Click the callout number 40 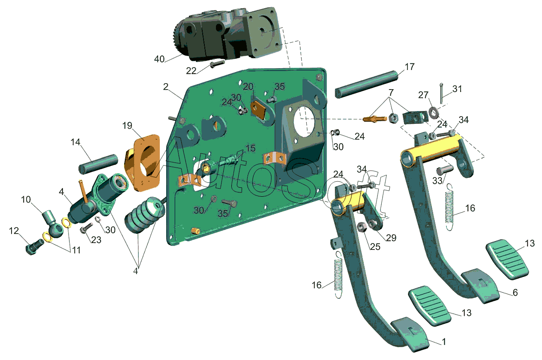pos(159,59)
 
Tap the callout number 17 pos(410,66)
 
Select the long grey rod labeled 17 pos(367,84)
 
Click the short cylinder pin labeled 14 pos(98,164)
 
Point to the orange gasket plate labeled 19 pos(143,163)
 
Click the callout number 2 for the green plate pos(165,87)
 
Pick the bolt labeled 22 pos(217,64)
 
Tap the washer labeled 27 pos(433,112)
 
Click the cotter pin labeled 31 pos(442,93)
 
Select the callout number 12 pos(14,231)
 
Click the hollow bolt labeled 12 pos(35,247)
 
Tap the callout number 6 pos(515,292)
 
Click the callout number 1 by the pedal pos(444,342)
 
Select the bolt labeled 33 pos(445,171)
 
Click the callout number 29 pos(391,238)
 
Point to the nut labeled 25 pos(362,227)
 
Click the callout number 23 pos(96,240)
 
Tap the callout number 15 pos(250,148)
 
